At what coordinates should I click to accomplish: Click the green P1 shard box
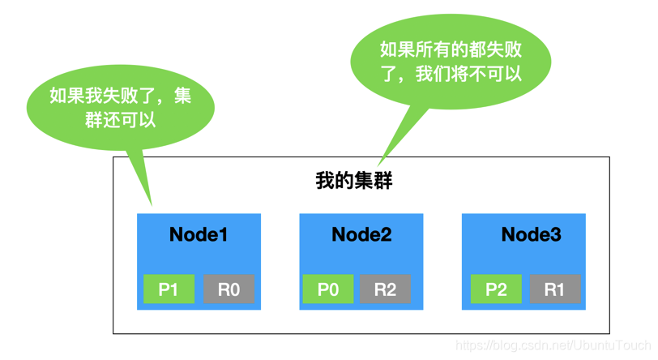tap(169, 289)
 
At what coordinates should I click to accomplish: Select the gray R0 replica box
tap(229, 289)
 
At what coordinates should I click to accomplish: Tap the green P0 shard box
tap(327, 289)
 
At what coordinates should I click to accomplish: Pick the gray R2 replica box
tap(385, 289)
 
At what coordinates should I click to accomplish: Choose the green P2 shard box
tap(496, 289)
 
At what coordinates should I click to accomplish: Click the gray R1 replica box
tap(555, 289)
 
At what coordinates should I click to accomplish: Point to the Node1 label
tap(199, 235)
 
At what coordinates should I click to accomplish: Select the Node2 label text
tap(361, 235)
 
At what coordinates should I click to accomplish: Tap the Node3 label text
tap(531, 235)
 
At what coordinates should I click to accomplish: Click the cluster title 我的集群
tap(353, 180)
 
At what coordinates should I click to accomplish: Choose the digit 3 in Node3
tap(555, 235)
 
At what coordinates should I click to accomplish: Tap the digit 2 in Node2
tap(386, 235)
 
